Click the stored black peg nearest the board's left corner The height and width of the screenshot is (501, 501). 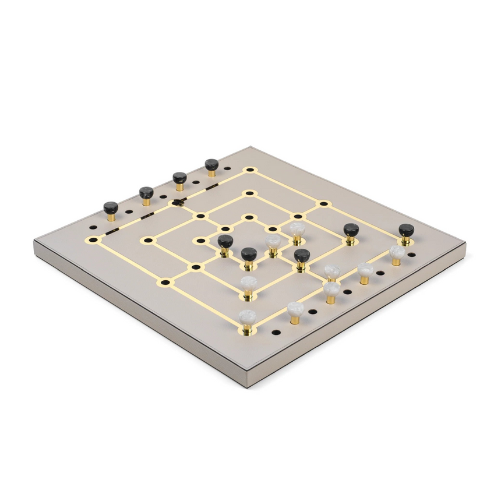coord(111,209)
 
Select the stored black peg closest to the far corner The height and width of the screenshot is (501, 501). coord(211,165)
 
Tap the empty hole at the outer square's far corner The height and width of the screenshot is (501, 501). coord(250,170)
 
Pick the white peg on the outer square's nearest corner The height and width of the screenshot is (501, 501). coord(247,318)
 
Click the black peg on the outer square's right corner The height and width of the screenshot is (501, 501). coord(406,231)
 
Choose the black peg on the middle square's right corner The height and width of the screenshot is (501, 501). coord(351,230)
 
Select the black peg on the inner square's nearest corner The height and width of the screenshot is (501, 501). coord(249,255)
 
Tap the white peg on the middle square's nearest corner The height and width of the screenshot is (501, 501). coord(249,284)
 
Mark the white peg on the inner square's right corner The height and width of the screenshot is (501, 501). coord(297,229)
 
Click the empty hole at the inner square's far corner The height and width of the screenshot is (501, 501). coord(249,217)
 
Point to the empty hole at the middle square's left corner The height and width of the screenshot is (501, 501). coord(148,239)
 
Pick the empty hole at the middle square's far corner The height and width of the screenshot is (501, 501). coord(249,193)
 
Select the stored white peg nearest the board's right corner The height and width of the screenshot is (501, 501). coord(397,252)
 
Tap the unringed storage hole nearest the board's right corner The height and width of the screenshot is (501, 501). coord(411,255)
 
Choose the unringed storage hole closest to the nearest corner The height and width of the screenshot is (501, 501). coord(276,332)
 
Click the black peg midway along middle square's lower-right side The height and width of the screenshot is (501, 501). coord(301,256)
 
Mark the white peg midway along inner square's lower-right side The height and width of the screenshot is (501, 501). coord(273,242)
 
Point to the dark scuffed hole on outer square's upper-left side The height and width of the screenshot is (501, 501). coord(177,203)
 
